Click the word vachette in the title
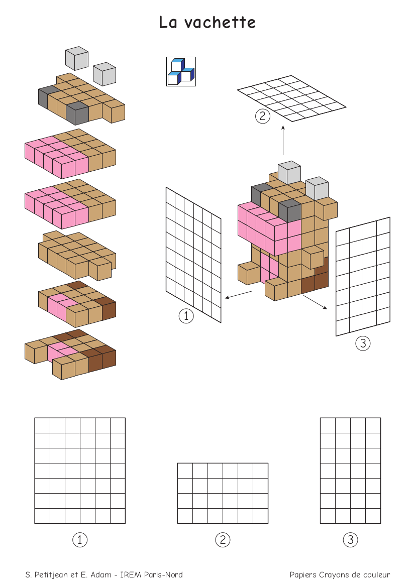click(x=220, y=23)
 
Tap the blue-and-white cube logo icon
click(x=181, y=71)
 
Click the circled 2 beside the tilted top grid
click(x=263, y=116)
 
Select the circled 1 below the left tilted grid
click(x=186, y=316)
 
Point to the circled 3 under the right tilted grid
click(x=363, y=343)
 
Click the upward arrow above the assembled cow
click(x=283, y=140)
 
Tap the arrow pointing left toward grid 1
click(x=238, y=295)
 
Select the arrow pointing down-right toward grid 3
click(x=316, y=302)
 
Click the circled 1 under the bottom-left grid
click(x=80, y=540)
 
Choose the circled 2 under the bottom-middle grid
click(x=223, y=540)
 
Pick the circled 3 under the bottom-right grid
click(x=351, y=540)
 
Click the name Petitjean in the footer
click(x=51, y=575)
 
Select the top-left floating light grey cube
click(x=77, y=58)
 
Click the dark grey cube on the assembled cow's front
click(x=290, y=210)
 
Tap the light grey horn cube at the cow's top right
click(x=317, y=188)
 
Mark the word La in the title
click(x=167, y=23)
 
